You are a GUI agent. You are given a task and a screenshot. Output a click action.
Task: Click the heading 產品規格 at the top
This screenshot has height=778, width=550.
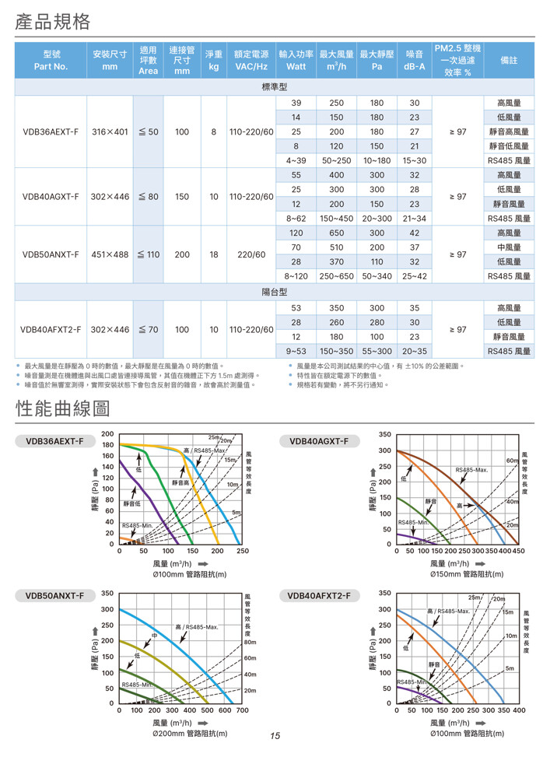[x=52, y=21]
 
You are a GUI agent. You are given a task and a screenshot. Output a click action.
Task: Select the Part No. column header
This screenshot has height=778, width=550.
[x=51, y=60]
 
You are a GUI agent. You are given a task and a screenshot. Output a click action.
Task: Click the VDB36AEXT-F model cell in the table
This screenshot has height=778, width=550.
[x=51, y=131]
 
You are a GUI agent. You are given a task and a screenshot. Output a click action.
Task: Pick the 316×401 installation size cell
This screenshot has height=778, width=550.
[x=110, y=131]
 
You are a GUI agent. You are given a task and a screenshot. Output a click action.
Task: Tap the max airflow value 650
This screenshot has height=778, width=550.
[x=336, y=233]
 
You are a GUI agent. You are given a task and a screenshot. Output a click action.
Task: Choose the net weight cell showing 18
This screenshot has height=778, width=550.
[x=213, y=254]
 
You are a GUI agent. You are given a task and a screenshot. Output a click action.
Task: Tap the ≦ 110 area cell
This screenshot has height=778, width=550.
[x=148, y=254]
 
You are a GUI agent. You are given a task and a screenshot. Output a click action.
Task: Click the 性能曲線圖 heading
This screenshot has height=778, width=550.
[x=63, y=408]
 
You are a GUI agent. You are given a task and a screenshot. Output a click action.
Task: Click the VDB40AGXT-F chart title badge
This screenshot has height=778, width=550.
[x=319, y=441]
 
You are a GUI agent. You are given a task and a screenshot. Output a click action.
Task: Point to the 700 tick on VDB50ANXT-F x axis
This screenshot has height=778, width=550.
[x=242, y=710]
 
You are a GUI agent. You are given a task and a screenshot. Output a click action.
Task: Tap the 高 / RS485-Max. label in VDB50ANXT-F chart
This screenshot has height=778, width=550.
[x=195, y=627]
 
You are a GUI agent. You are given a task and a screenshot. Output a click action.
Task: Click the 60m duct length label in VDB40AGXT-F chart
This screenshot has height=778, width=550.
[x=512, y=461]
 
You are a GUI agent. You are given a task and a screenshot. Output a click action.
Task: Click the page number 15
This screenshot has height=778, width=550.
[x=275, y=735]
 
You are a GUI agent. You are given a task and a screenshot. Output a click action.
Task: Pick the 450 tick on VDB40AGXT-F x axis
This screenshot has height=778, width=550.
[x=518, y=552]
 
